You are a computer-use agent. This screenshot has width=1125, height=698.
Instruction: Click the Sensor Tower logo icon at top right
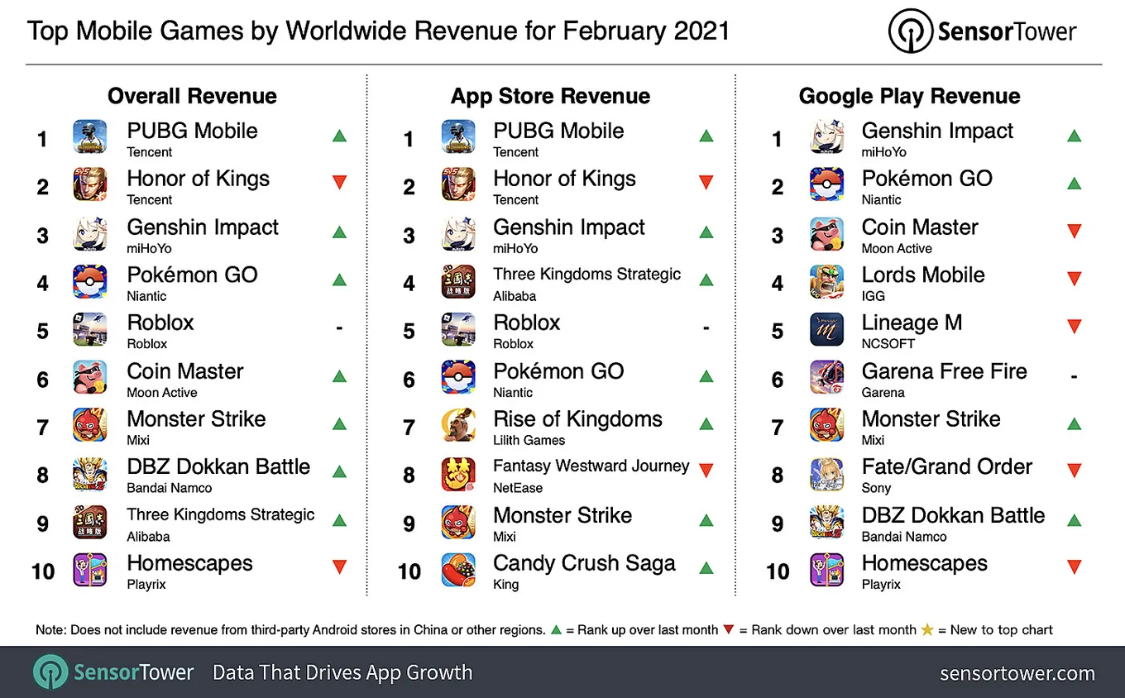pyautogui.click(x=911, y=31)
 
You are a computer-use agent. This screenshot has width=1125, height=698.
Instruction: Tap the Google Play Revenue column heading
pyautogui.click(x=910, y=96)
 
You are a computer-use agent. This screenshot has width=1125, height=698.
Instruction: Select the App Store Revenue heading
pyautogui.click(x=550, y=96)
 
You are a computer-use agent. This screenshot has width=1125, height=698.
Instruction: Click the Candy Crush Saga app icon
pyautogui.click(x=458, y=570)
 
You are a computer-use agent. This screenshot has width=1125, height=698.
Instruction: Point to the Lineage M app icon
pyautogui.click(x=826, y=329)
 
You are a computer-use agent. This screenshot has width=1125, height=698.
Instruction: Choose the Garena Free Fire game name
pyautogui.click(x=944, y=371)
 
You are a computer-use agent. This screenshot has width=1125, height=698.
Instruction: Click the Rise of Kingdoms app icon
pyautogui.click(x=458, y=425)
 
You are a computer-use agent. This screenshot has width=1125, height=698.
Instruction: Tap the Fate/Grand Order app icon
pyautogui.click(x=826, y=474)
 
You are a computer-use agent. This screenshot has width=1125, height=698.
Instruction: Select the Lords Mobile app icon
pyautogui.click(x=826, y=282)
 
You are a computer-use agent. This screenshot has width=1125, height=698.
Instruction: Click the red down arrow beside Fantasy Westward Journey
pyautogui.click(x=706, y=470)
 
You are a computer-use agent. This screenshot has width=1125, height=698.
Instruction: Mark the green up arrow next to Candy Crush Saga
pyautogui.click(x=706, y=568)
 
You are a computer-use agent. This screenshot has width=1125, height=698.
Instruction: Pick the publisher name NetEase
pyautogui.click(x=518, y=488)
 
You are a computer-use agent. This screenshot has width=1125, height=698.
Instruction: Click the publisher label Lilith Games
pyautogui.click(x=529, y=440)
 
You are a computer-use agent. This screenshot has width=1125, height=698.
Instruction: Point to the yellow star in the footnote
pyautogui.click(x=927, y=629)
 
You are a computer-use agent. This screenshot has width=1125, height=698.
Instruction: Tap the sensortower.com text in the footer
pyautogui.click(x=1017, y=673)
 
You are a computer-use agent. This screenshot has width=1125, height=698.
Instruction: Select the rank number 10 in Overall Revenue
pyautogui.click(x=43, y=571)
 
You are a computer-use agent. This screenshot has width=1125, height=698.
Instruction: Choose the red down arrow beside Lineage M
pyautogui.click(x=1075, y=327)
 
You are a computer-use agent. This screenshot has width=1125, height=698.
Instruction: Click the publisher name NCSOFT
pyautogui.click(x=888, y=343)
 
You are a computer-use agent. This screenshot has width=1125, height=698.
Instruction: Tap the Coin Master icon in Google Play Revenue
pyautogui.click(x=826, y=234)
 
